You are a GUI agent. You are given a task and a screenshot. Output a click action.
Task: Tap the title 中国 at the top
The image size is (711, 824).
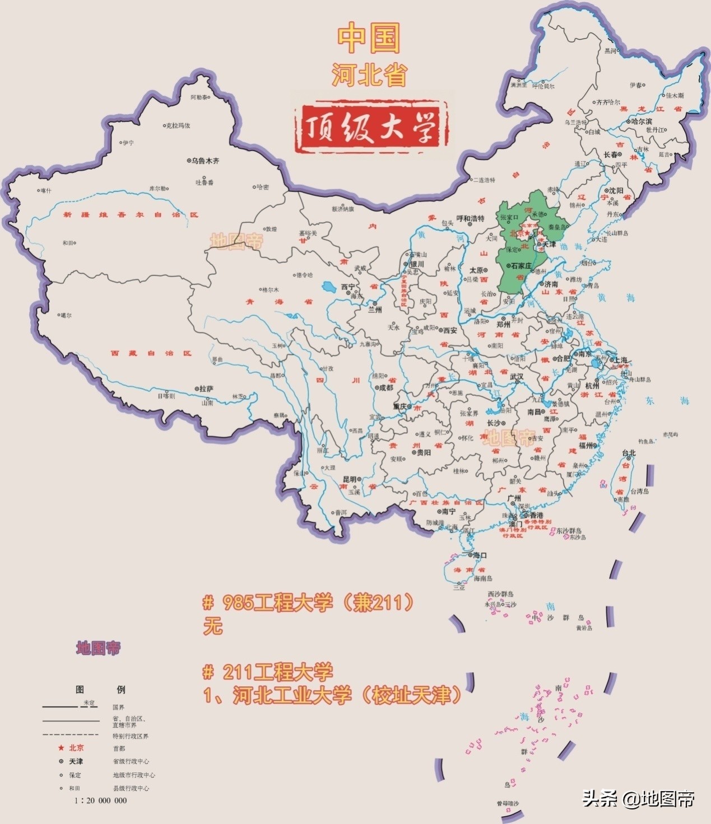pyautogui.click(x=369, y=38)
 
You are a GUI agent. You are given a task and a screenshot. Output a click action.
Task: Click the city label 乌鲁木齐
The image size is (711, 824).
pyautogui.click(x=205, y=161)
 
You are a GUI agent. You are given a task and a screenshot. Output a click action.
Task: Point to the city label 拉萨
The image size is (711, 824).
pyautogui.click(x=206, y=388)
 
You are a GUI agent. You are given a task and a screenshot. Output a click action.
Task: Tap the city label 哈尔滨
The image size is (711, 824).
pyautogui.click(x=641, y=121)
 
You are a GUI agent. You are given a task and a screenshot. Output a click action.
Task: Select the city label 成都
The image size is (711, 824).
pyautogui.click(x=385, y=387)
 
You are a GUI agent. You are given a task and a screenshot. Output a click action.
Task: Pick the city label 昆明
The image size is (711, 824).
pyautogui.click(x=350, y=479)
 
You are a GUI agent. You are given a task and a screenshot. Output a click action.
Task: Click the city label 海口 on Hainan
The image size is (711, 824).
pyautogui.click(x=480, y=555)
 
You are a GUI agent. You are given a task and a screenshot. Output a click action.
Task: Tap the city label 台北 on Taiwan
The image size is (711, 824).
pyautogui.click(x=629, y=453)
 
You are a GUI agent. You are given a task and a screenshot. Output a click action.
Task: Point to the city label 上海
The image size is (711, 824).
pyautogui.click(x=621, y=360)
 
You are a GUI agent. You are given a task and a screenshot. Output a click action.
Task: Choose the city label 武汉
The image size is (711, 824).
pyautogui.click(x=516, y=377)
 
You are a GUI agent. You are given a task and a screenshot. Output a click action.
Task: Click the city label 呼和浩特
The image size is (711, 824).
pyautogui.click(x=470, y=219)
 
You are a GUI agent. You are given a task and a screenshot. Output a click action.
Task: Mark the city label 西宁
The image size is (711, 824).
pyautogui.click(x=348, y=287)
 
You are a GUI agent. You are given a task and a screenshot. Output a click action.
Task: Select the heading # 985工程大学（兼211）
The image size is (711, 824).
pyautogui.click(x=309, y=602)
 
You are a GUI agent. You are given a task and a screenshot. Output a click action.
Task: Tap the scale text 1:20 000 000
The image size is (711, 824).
pyautogui.click(x=101, y=800)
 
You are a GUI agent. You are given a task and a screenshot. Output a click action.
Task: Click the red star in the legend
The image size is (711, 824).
pyautogui.click(x=61, y=748)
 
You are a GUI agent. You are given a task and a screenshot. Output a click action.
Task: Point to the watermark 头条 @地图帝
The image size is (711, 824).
pyautogui.click(x=638, y=798)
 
